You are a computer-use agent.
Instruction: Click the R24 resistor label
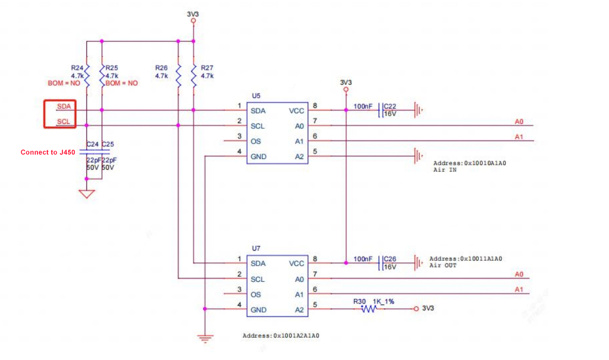pyautogui.click(x=77, y=68)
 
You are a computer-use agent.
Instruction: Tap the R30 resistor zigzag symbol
pyautogui.click(x=368, y=309)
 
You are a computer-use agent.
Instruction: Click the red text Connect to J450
pyautogui.click(x=47, y=152)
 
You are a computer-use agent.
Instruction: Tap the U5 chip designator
pyautogui.click(x=256, y=95)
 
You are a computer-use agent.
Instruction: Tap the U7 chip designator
pyautogui.click(x=256, y=248)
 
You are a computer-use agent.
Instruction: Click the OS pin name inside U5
pyautogui.click(x=255, y=141)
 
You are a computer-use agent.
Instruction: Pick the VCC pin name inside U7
pyautogui.click(x=297, y=263)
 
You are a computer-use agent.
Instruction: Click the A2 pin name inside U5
pyautogui.click(x=299, y=157)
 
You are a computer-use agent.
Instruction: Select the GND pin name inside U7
pyautogui.click(x=258, y=310)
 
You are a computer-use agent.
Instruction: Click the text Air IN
pyautogui.click(x=444, y=170)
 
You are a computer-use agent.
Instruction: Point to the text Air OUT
pyautogui.click(x=443, y=266)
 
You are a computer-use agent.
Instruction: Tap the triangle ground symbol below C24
pyautogui.click(x=86, y=194)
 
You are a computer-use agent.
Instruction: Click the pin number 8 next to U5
pyautogui.click(x=315, y=106)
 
